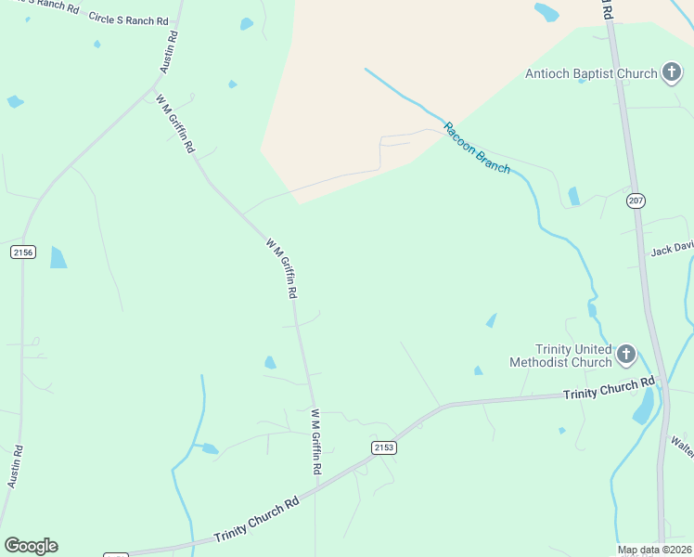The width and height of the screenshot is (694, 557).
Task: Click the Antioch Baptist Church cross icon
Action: click(671, 73)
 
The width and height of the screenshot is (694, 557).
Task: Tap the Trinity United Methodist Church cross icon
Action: click(626, 354)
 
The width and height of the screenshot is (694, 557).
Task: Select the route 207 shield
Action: click(636, 201)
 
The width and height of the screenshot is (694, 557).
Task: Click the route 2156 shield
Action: click(23, 252)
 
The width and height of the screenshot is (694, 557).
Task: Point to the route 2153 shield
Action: click(384, 447)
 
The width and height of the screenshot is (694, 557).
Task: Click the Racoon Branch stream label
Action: click(476, 147)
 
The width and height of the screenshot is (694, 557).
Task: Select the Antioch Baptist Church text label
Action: click(591, 73)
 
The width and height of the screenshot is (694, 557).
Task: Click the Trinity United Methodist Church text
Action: click(560, 355)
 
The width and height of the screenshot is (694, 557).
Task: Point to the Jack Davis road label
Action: click(672, 249)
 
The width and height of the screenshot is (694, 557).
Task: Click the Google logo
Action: click(31, 545)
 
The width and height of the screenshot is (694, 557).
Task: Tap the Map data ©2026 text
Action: click(654, 550)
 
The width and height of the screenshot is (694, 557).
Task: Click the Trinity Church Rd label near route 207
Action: click(609, 389)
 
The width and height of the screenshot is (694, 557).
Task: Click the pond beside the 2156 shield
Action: click(58, 257)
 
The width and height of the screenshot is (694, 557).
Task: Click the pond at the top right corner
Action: click(546, 12)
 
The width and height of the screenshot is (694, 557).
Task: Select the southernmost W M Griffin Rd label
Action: click(316, 442)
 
